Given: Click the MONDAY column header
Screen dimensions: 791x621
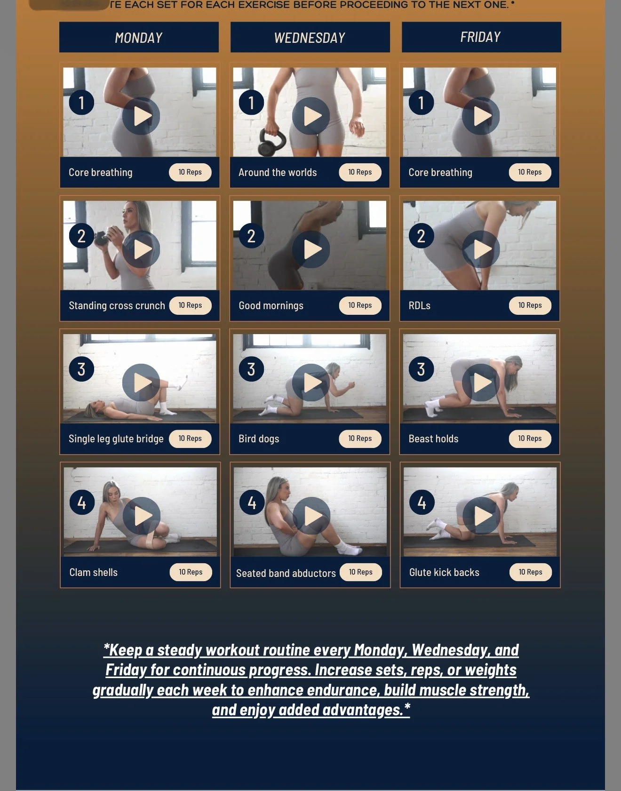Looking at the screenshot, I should pos(139,37).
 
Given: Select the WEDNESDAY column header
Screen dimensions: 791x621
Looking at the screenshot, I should pos(310,37).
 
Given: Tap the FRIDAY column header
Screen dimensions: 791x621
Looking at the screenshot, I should pos(481,37).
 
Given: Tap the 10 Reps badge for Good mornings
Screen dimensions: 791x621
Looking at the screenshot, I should pos(360,305).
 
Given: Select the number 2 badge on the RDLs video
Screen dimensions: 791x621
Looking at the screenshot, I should pos(421,236).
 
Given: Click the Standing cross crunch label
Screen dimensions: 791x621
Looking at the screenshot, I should pos(117,305).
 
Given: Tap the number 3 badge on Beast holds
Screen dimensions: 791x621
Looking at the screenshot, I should pos(421,369).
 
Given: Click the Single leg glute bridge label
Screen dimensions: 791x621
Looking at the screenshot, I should pos(116,439).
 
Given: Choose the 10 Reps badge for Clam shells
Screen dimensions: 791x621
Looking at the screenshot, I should pos(191,572).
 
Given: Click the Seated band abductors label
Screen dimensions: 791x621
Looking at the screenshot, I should pos(286,573).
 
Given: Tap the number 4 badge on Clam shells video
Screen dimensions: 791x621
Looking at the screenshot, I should pos(82,503).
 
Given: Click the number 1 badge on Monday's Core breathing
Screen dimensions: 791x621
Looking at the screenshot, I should pos(81,103).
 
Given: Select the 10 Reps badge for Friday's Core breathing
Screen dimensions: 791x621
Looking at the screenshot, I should pos(530,172).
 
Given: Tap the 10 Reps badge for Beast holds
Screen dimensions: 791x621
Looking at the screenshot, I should pos(530,439).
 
